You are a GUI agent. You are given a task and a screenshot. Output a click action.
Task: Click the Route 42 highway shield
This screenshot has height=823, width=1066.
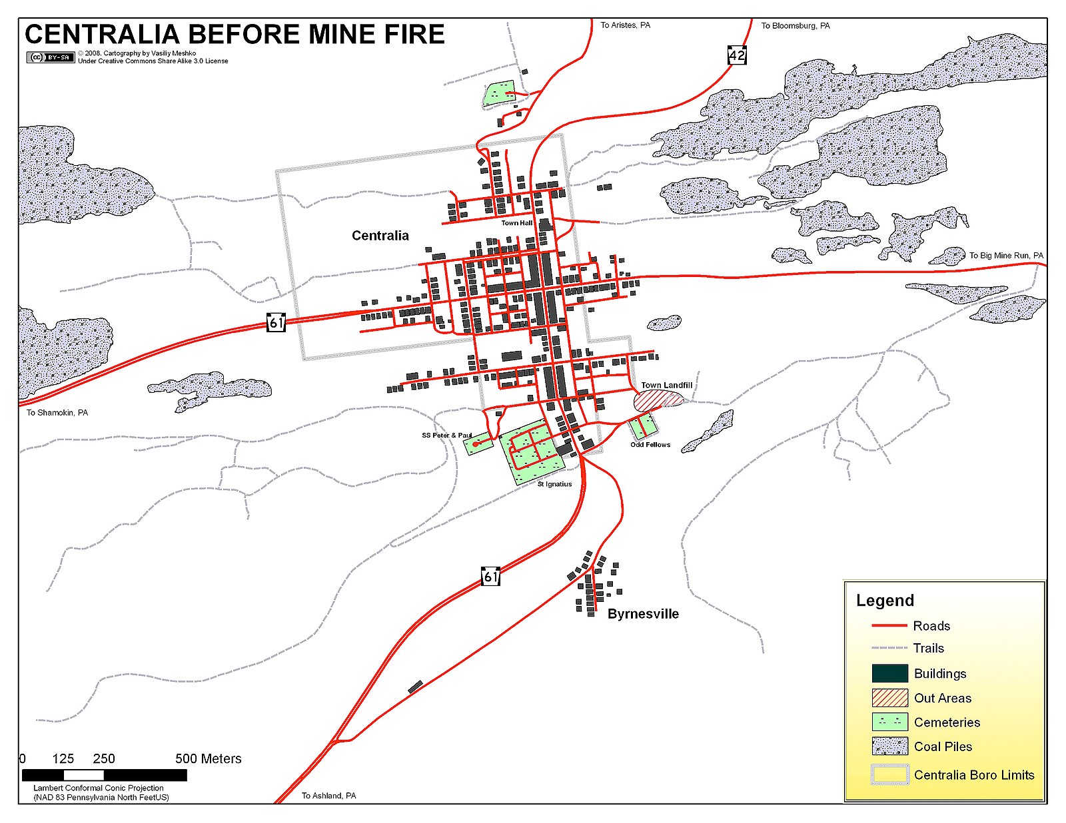click(x=737, y=55)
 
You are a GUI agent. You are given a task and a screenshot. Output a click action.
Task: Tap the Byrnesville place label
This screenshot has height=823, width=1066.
click(x=643, y=614)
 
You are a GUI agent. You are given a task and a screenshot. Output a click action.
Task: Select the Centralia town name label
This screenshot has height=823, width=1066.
click(x=380, y=236)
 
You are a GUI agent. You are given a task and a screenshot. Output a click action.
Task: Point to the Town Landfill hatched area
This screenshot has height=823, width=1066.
click(x=658, y=400)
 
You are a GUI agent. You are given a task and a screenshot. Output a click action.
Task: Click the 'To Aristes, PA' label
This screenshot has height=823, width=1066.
click(x=625, y=25)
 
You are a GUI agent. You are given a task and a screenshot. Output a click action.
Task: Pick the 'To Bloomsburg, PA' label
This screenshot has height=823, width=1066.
click(x=796, y=26)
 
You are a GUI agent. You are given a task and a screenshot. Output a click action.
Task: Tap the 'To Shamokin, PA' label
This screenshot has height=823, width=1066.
click(x=57, y=413)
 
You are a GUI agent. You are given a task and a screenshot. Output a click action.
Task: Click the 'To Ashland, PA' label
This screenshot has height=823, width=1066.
click(x=328, y=796)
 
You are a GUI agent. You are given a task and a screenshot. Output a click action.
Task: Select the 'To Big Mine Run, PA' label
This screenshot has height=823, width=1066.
click(x=1006, y=256)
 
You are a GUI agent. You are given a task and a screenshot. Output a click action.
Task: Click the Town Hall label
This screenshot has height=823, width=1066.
click(x=517, y=223)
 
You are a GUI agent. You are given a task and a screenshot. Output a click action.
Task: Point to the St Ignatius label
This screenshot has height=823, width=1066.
click(x=554, y=484)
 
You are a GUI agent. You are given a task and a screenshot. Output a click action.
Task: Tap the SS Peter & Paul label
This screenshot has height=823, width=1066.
click(x=446, y=435)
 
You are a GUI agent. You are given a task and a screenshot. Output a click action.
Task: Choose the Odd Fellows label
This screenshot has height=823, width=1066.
click(x=650, y=445)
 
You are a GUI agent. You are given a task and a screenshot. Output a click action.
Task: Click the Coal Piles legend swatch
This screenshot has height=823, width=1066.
click(x=889, y=746)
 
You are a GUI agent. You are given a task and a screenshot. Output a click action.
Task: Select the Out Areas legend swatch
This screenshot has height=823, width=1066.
click(x=889, y=698)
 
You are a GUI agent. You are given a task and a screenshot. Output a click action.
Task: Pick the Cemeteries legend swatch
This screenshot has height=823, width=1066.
click(x=889, y=722)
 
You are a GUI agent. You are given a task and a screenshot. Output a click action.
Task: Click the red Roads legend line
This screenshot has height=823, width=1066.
click(x=889, y=626)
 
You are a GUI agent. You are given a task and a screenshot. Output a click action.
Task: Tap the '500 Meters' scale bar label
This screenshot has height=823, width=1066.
click(x=208, y=759)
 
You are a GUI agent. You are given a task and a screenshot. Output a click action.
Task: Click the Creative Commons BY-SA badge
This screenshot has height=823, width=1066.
click(x=50, y=57)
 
